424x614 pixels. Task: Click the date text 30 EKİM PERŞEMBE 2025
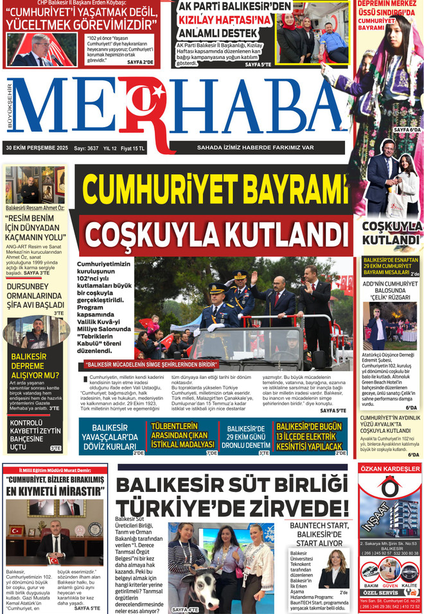37,148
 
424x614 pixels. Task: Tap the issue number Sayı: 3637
85,148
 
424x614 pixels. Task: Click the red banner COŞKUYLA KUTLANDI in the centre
215,230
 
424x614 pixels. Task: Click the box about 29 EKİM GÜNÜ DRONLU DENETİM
246,437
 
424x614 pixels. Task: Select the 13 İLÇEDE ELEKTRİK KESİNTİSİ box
310,436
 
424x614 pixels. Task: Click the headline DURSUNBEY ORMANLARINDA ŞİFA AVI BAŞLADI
35,295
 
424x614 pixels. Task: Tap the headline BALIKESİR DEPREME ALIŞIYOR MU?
35,365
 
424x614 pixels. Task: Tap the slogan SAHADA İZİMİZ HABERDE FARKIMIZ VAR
255,147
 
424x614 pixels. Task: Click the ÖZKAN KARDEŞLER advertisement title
390,469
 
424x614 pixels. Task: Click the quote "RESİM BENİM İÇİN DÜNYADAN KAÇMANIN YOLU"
35,227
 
